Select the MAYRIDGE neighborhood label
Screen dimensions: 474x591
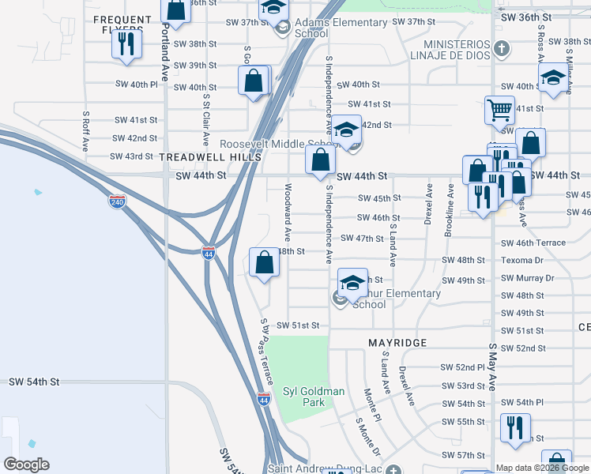coord(397,343)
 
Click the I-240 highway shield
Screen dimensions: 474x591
coord(115,201)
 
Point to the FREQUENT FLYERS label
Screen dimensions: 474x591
coord(122,24)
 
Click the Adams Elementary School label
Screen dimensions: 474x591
coord(311,28)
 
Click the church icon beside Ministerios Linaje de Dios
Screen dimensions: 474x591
coord(500,51)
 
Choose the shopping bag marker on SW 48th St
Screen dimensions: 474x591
coord(265,262)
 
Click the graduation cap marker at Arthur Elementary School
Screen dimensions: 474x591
coord(352,282)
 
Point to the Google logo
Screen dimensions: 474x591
coord(26,465)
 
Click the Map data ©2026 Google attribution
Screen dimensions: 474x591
coord(542,468)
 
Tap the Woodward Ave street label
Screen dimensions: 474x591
coord(288,212)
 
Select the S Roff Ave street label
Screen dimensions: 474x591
coord(85,130)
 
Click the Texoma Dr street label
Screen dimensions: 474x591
coord(522,260)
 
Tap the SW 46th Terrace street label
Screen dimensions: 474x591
coord(533,243)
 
